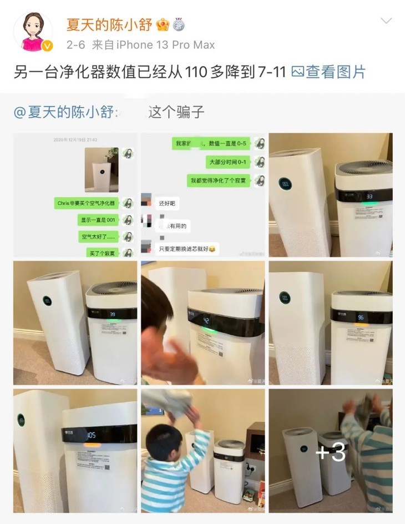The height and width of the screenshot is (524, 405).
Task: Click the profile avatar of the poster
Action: (x=33, y=32)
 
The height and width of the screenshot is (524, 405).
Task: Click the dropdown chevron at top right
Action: (x=386, y=21)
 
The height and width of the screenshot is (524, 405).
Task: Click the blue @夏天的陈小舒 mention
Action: (x=64, y=112)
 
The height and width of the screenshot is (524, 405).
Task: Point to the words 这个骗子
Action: (x=177, y=112)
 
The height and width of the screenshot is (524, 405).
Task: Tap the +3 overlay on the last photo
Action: (x=331, y=453)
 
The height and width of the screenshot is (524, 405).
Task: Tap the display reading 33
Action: (x=368, y=196)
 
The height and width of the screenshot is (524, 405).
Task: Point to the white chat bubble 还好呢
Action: (x=166, y=204)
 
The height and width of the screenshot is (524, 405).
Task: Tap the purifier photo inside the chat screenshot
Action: (x=102, y=169)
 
